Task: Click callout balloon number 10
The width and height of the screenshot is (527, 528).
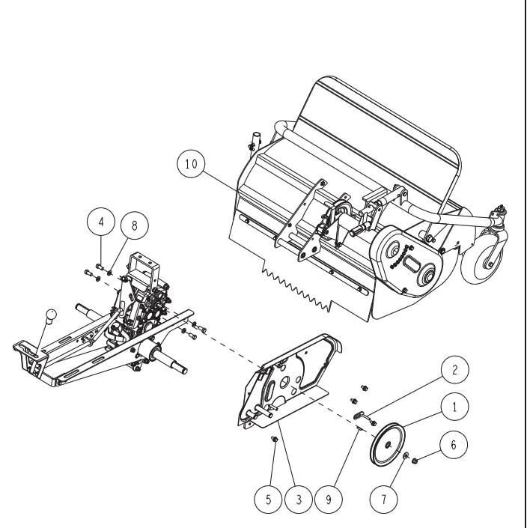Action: (191, 164)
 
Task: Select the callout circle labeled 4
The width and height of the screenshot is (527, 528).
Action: (101, 222)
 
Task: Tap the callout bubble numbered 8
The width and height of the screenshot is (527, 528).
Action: (134, 225)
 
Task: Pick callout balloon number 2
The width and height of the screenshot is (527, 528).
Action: (454, 370)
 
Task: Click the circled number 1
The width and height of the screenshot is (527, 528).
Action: (454, 407)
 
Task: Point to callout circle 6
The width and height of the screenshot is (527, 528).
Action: (454, 444)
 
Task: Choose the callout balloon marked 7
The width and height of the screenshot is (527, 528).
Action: (383, 500)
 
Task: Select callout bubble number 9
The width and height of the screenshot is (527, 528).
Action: (329, 500)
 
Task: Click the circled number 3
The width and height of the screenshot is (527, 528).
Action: (299, 500)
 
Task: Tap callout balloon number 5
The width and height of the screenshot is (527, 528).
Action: (268, 500)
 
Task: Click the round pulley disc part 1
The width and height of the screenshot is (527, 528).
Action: (387, 445)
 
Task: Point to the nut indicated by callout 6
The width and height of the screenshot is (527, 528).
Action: (415, 461)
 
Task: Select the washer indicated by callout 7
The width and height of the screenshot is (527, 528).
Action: (406, 456)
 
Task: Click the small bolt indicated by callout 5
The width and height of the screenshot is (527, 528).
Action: (274, 439)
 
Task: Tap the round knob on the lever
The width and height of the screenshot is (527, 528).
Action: (51, 316)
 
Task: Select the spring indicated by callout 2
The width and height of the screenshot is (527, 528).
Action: (359, 416)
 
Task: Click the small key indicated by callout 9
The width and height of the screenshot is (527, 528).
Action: (359, 428)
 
